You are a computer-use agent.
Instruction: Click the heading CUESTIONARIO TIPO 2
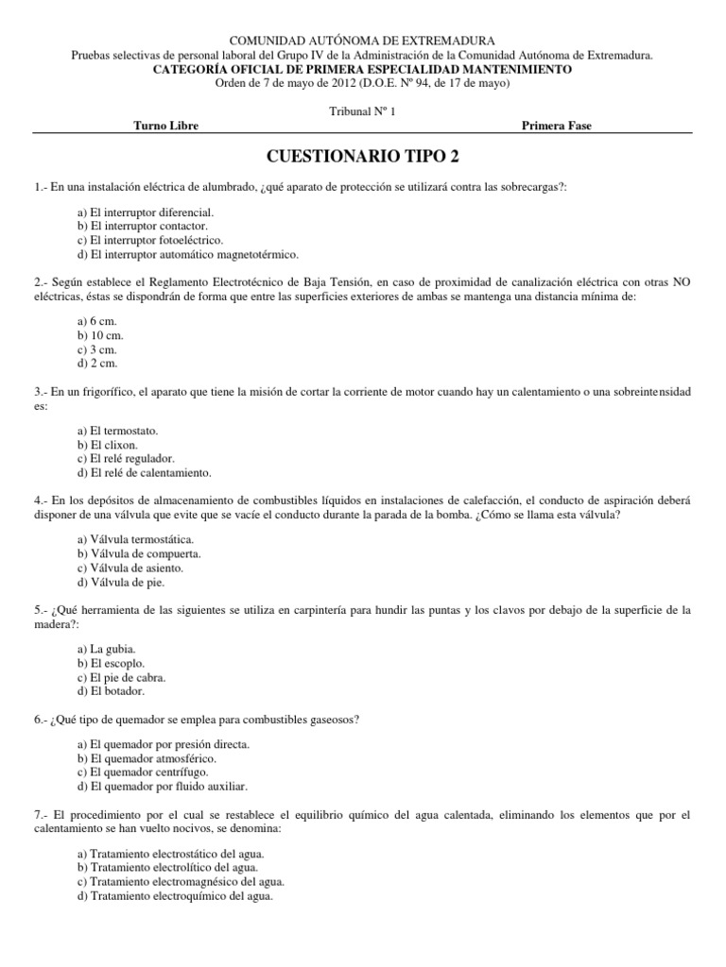pos(363,156)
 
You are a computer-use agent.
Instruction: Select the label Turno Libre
pos(166,126)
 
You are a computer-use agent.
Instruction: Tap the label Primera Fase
pos(557,126)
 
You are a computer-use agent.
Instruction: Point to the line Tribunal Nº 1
pos(363,110)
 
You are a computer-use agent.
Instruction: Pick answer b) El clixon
pos(108,444)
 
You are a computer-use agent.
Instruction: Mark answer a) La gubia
pos(107,649)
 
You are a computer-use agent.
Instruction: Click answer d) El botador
pos(112,691)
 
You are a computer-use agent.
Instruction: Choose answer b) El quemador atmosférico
pos(147,758)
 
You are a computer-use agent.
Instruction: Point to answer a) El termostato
pos(117,430)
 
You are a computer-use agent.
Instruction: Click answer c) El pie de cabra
pos(122,677)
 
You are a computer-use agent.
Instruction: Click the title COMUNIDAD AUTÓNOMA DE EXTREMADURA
pos(363,42)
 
